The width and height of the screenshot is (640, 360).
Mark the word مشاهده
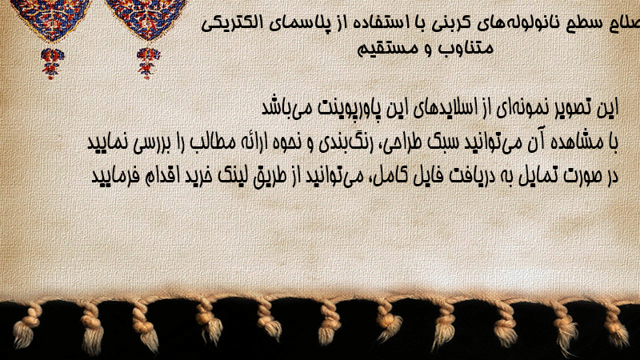tap(574, 142)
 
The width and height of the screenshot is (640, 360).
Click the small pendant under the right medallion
tap(148, 63)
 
